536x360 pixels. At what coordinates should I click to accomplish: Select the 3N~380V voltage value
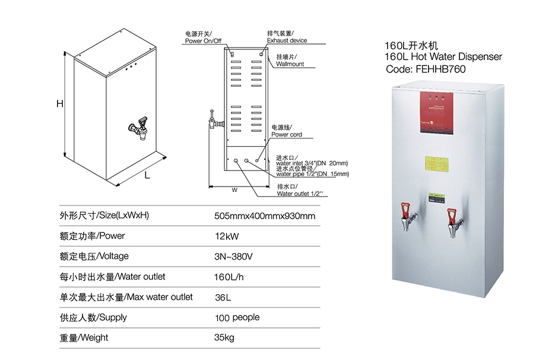[x=234, y=256]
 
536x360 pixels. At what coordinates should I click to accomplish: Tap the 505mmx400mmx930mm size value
[x=264, y=215]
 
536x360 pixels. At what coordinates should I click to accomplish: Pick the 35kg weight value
[x=224, y=338]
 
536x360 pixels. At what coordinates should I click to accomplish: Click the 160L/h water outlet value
[x=229, y=277]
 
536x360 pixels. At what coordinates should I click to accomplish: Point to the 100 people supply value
[x=237, y=317]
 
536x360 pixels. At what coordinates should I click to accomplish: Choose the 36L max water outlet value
[x=223, y=297]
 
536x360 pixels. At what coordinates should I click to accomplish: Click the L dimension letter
[x=147, y=176]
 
